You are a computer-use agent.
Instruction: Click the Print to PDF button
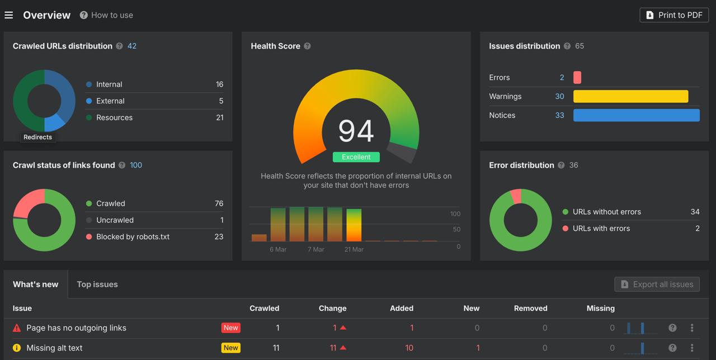click(x=674, y=15)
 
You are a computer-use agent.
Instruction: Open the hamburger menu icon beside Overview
click(x=9, y=15)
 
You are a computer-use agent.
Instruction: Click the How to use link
click(x=112, y=15)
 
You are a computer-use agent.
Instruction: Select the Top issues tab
click(x=97, y=284)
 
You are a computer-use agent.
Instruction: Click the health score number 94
click(x=356, y=131)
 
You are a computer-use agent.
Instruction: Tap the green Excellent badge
click(x=356, y=157)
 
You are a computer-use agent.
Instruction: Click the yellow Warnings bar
click(x=630, y=96)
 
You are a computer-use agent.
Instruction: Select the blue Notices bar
click(x=636, y=115)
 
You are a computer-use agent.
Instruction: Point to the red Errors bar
click(x=577, y=78)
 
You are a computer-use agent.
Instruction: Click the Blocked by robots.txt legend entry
click(x=133, y=236)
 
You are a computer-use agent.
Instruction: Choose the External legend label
click(x=110, y=101)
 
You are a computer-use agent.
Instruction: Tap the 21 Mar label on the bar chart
click(x=354, y=249)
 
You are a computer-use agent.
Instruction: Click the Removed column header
click(x=530, y=308)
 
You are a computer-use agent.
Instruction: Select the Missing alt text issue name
click(x=54, y=348)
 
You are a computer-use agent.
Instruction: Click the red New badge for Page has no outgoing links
click(x=230, y=328)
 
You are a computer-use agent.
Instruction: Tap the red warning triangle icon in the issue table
click(x=17, y=328)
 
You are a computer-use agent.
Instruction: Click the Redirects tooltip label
click(x=37, y=137)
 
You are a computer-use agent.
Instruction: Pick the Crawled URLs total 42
click(x=132, y=46)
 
